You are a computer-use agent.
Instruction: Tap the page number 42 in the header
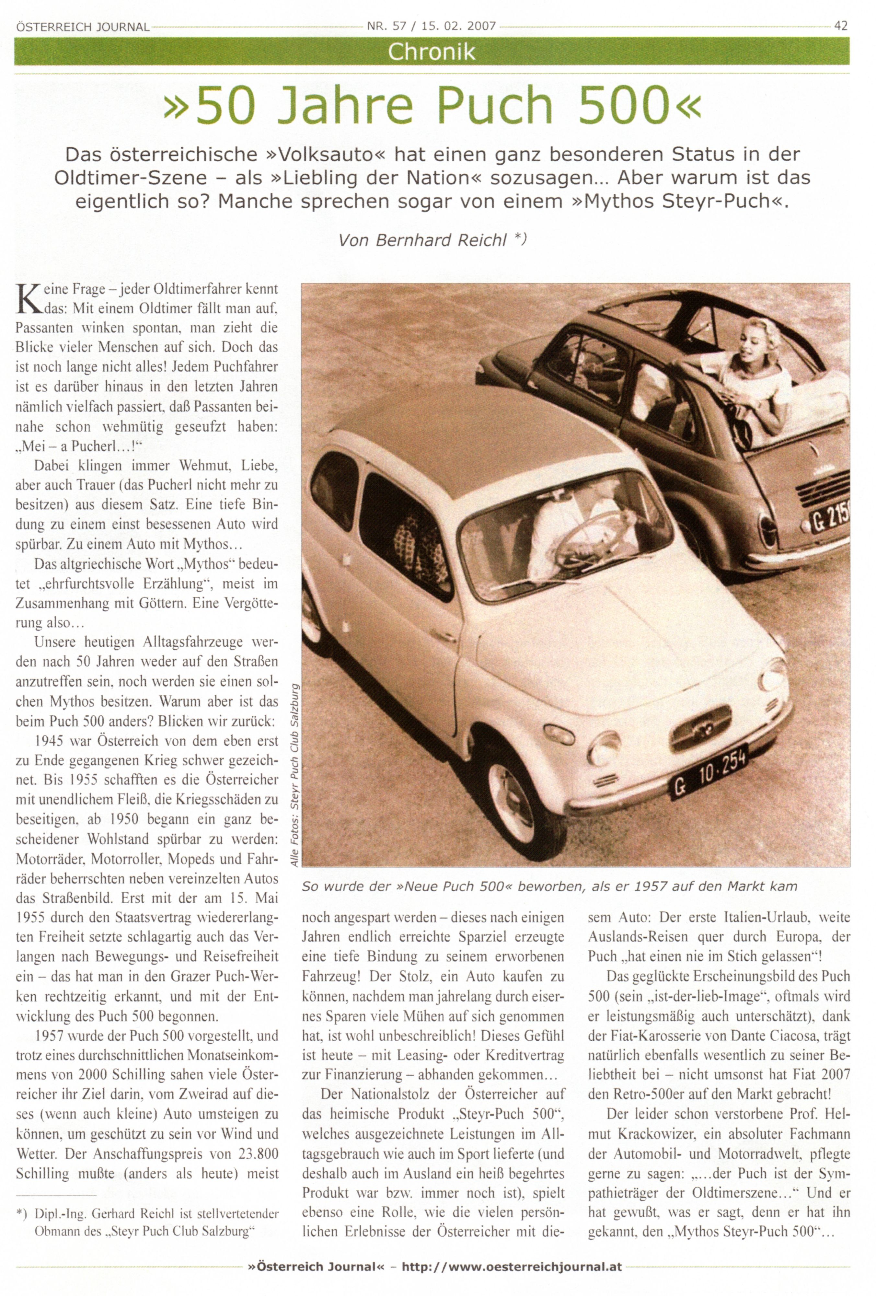pyautogui.click(x=840, y=26)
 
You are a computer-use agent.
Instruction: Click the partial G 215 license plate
pyautogui.click(x=831, y=521)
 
